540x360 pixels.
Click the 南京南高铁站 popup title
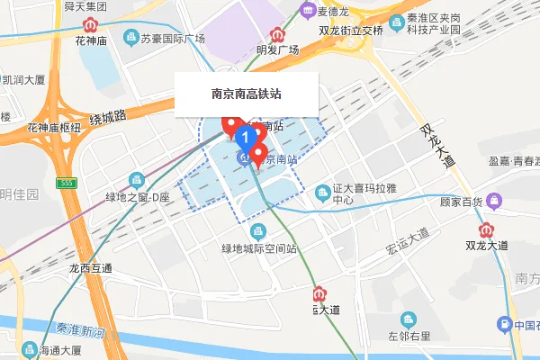(x=247, y=94)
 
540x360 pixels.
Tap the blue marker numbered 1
(x=244, y=136)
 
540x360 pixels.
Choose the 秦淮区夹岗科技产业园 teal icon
(x=396, y=20)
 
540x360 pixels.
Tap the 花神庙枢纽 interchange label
(x=54, y=128)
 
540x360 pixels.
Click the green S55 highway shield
(x=62, y=183)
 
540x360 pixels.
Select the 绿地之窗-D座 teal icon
(x=137, y=180)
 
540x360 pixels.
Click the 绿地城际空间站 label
(x=259, y=247)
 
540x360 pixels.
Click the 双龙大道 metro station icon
(x=488, y=229)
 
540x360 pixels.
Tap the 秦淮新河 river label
(x=81, y=330)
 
